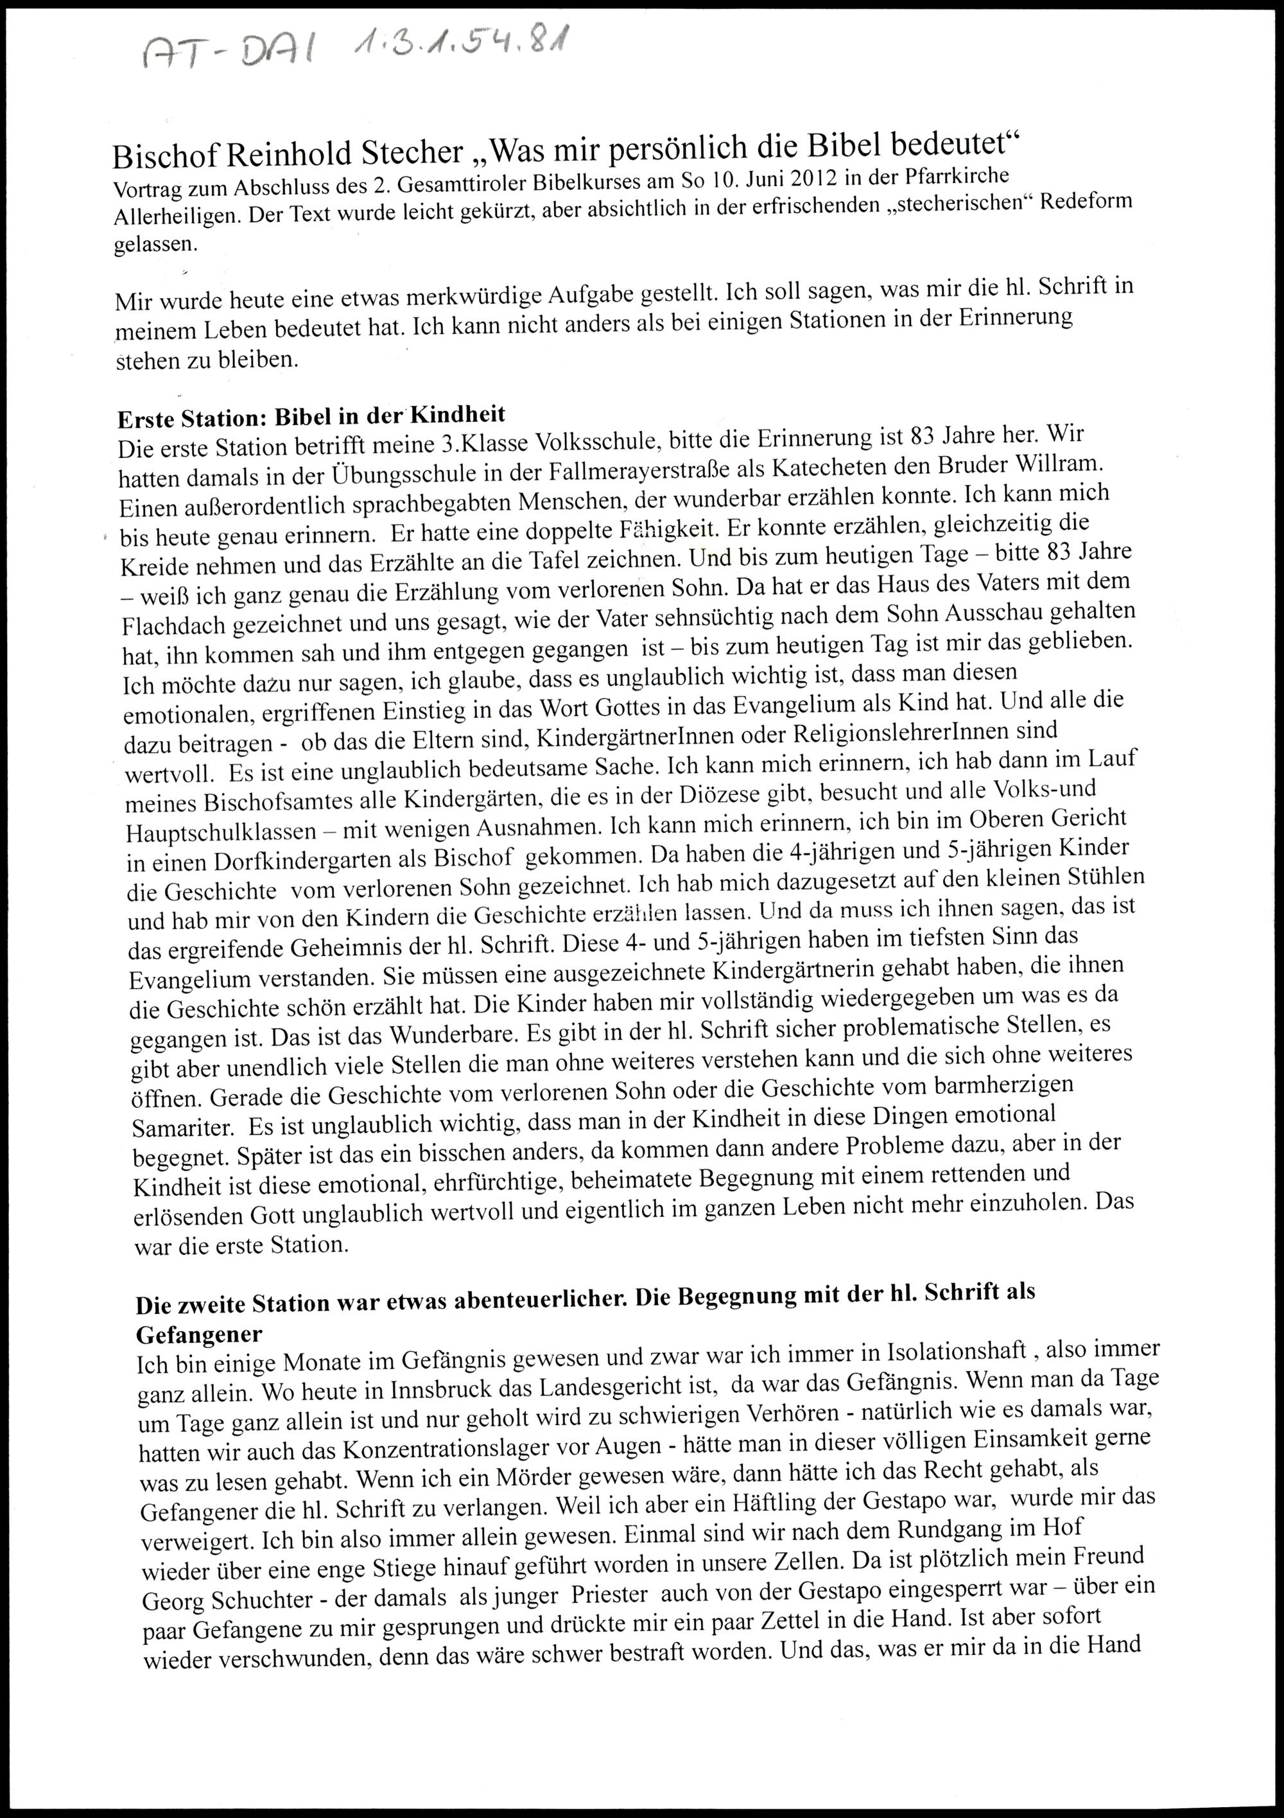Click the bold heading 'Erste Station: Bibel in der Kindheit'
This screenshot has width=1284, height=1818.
[x=311, y=415]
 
